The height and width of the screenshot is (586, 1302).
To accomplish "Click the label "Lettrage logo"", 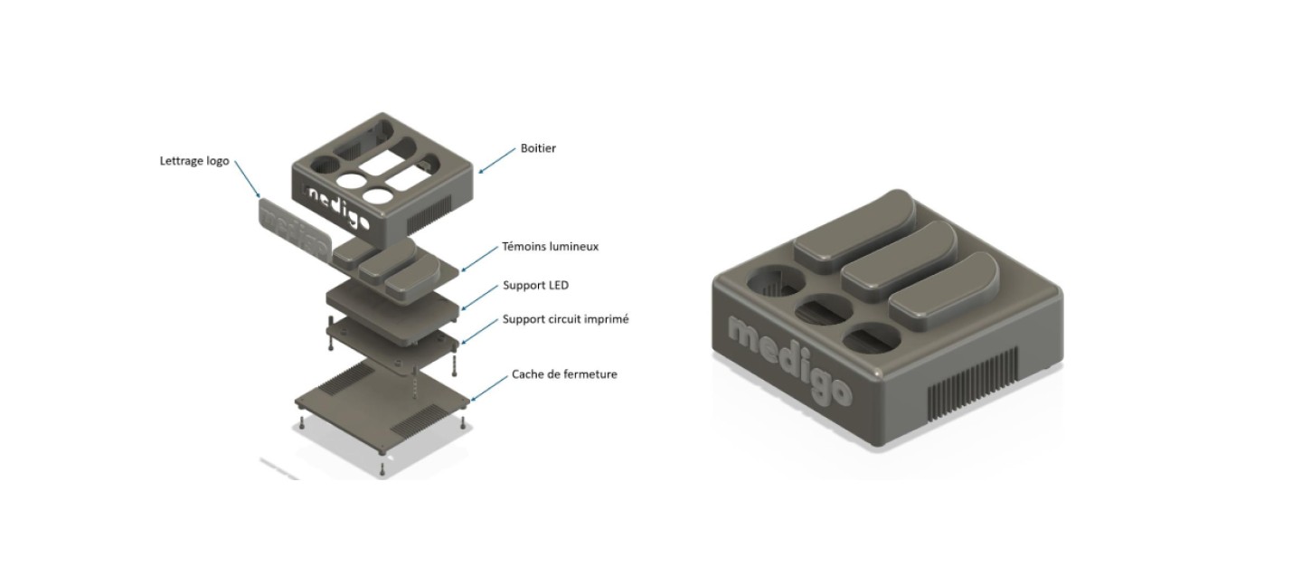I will click(x=193, y=161).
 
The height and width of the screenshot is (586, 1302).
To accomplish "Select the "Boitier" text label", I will click(x=538, y=148).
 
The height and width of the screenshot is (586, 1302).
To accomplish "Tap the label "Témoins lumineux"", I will click(x=550, y=246).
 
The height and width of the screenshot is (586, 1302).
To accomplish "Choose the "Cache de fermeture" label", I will click(x=564, y=373).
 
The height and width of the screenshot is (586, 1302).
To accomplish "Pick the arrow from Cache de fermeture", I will click(x=489, y=387).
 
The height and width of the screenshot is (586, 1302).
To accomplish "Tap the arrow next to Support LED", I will click(x=479, y=298).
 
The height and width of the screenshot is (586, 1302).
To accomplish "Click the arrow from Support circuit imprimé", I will click(x=479, y=331).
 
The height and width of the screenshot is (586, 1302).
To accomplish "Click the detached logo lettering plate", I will click(x=294, y=230).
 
